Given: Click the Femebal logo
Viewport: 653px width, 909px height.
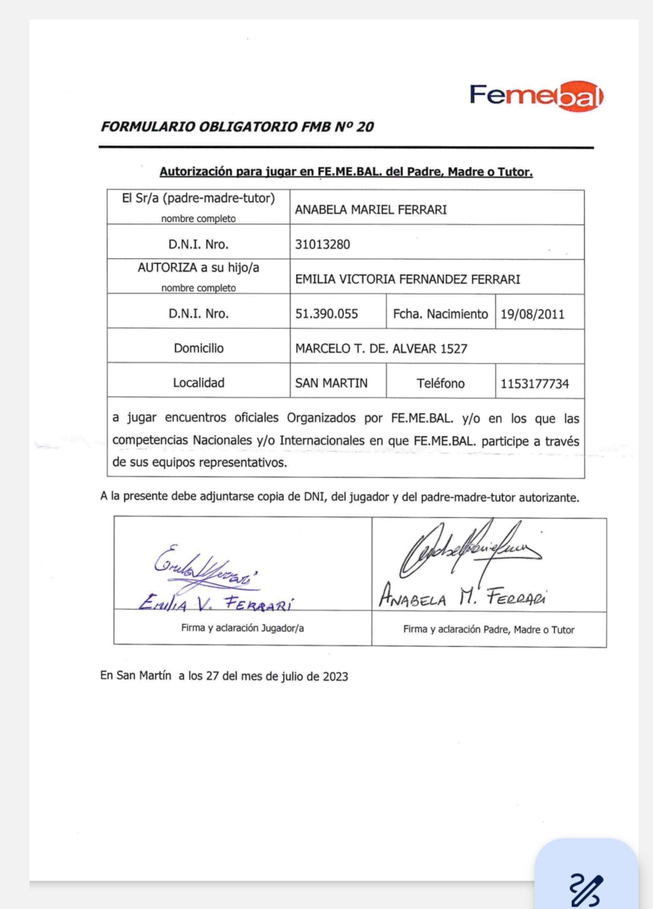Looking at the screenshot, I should pos(535,96).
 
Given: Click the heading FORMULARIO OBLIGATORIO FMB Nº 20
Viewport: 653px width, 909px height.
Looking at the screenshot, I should pos(237,127).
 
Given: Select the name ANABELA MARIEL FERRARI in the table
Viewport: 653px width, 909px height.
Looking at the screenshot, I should pos(371,210).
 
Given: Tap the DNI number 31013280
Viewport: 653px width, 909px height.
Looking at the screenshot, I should pos(322,245).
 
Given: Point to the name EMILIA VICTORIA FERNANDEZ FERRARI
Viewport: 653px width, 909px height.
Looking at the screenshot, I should pos(407,279).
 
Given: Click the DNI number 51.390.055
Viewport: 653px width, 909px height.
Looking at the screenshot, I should pos(327,314).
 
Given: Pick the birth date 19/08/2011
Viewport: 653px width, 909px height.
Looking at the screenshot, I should pos(532,314).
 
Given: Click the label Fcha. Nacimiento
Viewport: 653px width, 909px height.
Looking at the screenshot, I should pos(441,314).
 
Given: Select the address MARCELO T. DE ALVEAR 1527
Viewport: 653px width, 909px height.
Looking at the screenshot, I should pos(381,349).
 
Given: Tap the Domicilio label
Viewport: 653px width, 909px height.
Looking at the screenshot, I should pos(199,348).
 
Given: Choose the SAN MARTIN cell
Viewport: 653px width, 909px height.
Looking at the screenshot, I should pos(331,383).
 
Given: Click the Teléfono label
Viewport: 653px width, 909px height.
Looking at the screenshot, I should pos(441,383).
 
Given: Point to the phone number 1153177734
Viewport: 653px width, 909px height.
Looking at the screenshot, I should pos(535,383).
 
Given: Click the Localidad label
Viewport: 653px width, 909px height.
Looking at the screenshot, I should pos(199,383).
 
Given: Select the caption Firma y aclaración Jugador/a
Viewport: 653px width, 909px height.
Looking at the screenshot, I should pos(243,628).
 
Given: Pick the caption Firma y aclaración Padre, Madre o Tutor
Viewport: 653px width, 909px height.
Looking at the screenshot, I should pos(488,629).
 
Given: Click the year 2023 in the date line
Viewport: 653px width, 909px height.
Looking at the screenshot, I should pos(335,676).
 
